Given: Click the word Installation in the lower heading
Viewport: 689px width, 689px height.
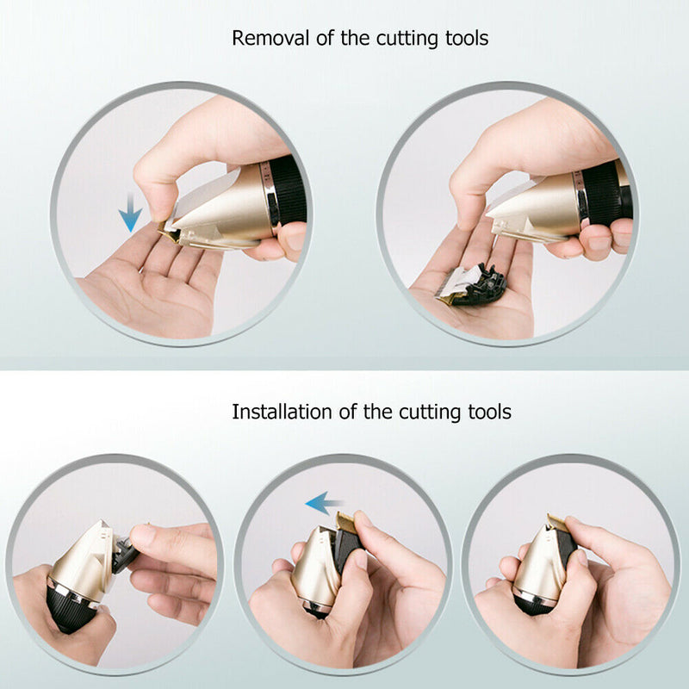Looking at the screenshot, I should pyautogui.click(x=277, y=412).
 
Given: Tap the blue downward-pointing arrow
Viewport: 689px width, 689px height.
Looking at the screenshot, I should pyautogui.click(x=130, y=213).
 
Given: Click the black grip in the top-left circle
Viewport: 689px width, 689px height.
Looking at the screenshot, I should pyautogui.click(x=289, y=191).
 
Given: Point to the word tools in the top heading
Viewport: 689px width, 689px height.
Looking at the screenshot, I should pyautogui.click(x=463, y=39).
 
